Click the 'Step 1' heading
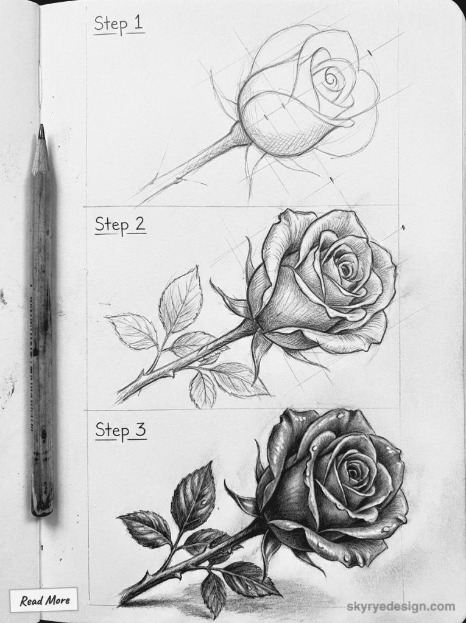point(119,25)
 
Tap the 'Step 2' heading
point(120,224)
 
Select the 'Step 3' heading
point(121,430)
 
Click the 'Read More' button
point(44,600)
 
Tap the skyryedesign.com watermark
point(401,606)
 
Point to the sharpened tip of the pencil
point(41,129)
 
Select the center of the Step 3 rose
point(352,468)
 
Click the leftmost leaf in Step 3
point(144,528)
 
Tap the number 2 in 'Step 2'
point(139,224)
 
